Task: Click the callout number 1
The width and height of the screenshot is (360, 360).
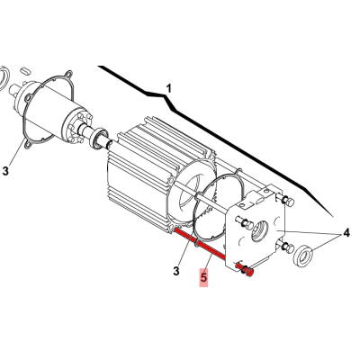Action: tap(169, 88)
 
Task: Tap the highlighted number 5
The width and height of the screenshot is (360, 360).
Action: tap(203, 277)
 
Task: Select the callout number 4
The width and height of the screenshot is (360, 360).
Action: tap(346, 232)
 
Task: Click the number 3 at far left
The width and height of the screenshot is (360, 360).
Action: tap(5, 171)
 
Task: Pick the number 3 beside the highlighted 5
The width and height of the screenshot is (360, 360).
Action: tap(176, 271)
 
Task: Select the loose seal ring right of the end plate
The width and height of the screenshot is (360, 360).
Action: tap(303, 255)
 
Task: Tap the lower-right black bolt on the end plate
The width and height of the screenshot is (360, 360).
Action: tap(287, 247)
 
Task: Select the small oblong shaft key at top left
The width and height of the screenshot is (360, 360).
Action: tap(25, 71)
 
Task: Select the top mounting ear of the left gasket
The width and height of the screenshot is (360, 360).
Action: tap(68, 74)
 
